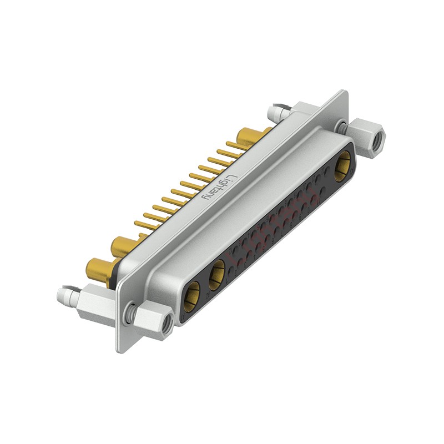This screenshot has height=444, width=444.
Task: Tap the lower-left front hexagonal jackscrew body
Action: click(153, 321)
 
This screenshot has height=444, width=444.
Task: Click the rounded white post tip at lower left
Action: click(64, 292)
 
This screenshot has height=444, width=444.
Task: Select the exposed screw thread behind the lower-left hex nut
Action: click(131, 314)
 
